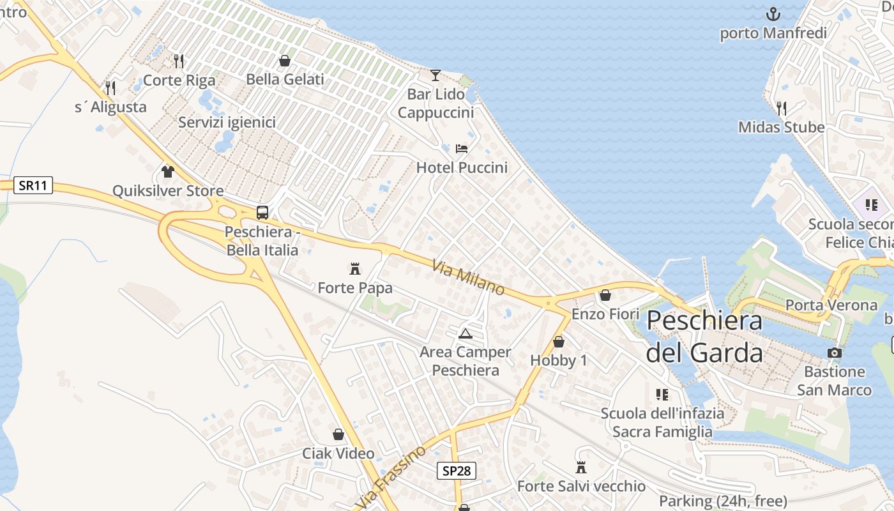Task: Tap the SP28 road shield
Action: (x=457, y=471)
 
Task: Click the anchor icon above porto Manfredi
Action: (x=773, y=14)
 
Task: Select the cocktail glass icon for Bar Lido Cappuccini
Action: (x=435, y=75)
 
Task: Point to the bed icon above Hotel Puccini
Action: (x=462, y=149)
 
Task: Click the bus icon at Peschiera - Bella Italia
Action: (x=262, y=213)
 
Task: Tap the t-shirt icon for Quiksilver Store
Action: (x=168, y=171)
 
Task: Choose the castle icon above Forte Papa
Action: (x=355, y=268)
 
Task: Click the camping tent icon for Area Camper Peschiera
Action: (x=466, y=333)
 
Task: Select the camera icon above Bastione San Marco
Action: (x=834, y=353)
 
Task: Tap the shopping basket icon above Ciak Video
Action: (x=338, y=434)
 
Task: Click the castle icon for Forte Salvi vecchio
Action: (x=581, y=468)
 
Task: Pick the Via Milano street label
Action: (x=468, y=277)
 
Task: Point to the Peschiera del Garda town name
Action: (x=704, y=337)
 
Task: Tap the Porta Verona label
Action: (x=831, y=305)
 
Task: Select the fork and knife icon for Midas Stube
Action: (x=780, y=108)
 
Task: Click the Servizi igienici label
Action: (x=227, y=122)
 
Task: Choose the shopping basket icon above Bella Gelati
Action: (x=285, y=61)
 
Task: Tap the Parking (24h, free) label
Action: (x=723, y=501)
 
